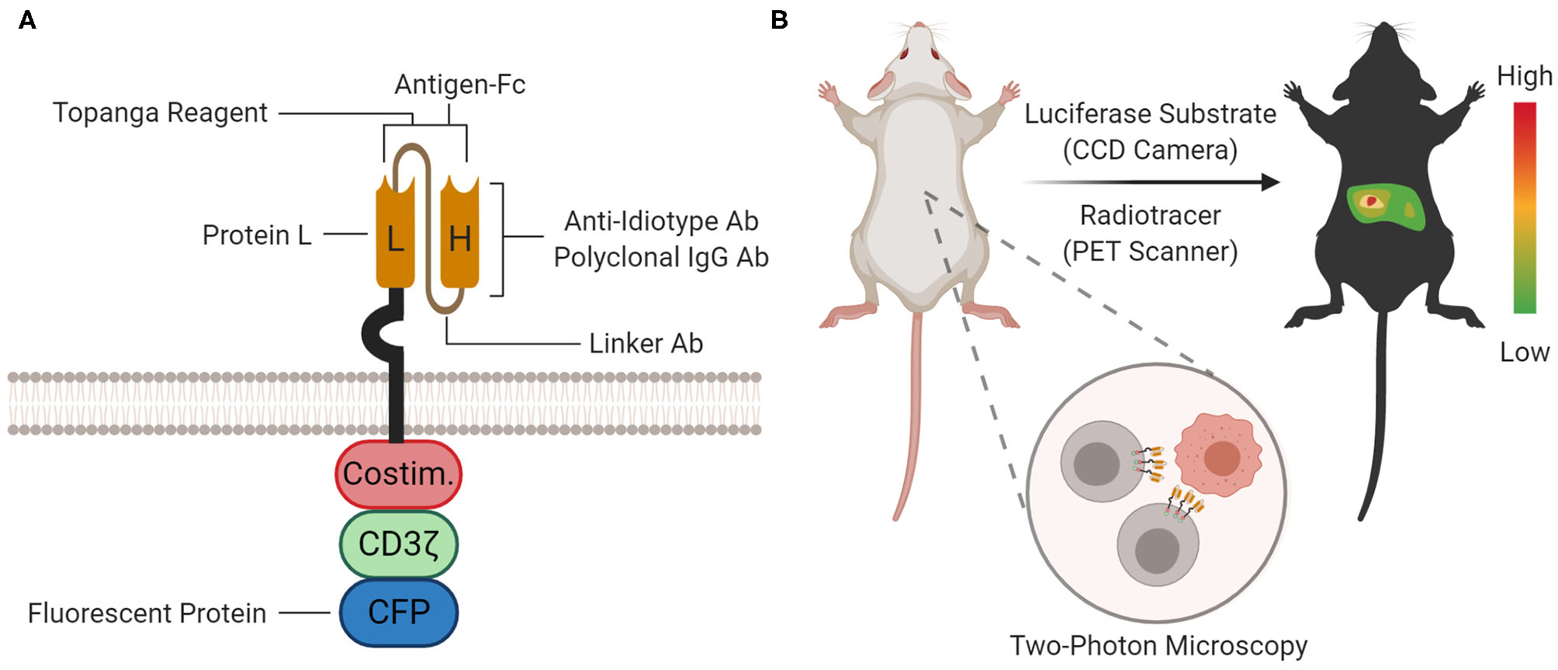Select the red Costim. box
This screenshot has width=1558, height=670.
click(x=398, y=474)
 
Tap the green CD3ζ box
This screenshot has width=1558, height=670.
click(x=398, y=544)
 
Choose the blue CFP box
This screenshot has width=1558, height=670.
click(x=398, y=613)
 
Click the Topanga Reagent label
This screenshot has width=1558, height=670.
click(x=160, y=113)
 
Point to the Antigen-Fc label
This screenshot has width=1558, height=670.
click(x=459, y=84)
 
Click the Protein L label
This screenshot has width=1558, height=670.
click(x=257, y=235)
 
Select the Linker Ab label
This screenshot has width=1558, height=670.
click(x=646, y=343)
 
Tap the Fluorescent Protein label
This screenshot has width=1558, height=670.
click(x=147, y=613)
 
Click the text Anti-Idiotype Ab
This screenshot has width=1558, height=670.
click(x=661, y=221)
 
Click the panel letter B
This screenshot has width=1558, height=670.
click(x=779, y=20)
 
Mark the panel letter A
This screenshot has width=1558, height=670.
click(x=27, y=20)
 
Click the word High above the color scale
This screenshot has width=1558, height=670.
click(x=1524, y=76)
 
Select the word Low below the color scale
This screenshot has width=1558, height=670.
click(x=1524, y=352)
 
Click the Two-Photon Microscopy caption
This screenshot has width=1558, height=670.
click(x=1158, y=646)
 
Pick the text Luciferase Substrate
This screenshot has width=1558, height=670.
click(x=1150, y=114)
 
